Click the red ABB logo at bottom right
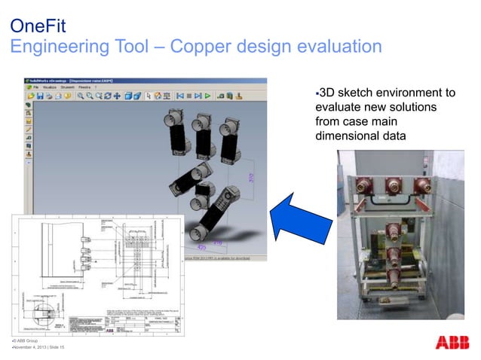pyautogui.click(x=453, y=343)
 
